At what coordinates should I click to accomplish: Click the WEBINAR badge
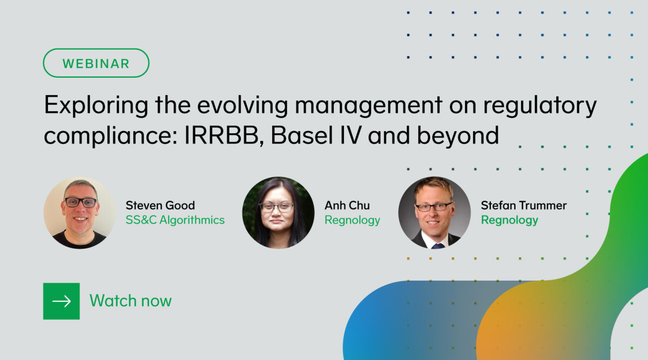point(96,63)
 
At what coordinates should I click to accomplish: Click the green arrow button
point(62,301)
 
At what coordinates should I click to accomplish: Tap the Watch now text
point(131,301)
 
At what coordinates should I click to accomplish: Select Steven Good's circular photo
point(79,213)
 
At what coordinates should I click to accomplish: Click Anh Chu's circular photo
point(278,213)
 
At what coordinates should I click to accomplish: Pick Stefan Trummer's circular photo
point(435,213)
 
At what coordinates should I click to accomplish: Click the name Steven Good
point(160,206)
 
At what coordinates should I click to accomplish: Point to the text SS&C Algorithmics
point(175,220)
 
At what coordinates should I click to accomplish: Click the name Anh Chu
point(347,206)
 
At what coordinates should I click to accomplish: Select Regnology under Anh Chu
point(352,220)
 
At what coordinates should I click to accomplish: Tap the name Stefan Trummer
point(524,206)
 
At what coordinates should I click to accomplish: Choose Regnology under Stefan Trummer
point(509,220)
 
